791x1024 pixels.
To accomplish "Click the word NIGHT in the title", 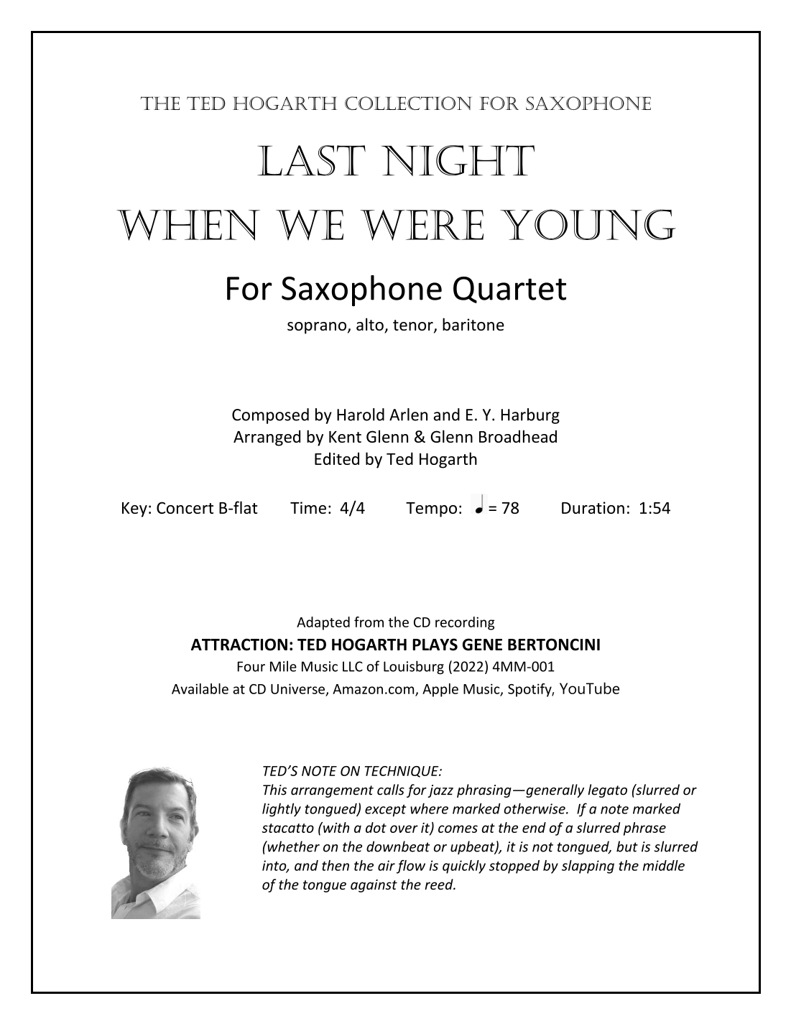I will pos(456,162).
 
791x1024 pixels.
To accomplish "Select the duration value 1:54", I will pos(654,508).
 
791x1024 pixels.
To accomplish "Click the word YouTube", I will pos(589,688).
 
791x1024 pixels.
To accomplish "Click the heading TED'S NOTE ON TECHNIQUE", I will pos(352,771).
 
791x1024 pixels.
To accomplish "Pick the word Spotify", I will pos(530,689).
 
